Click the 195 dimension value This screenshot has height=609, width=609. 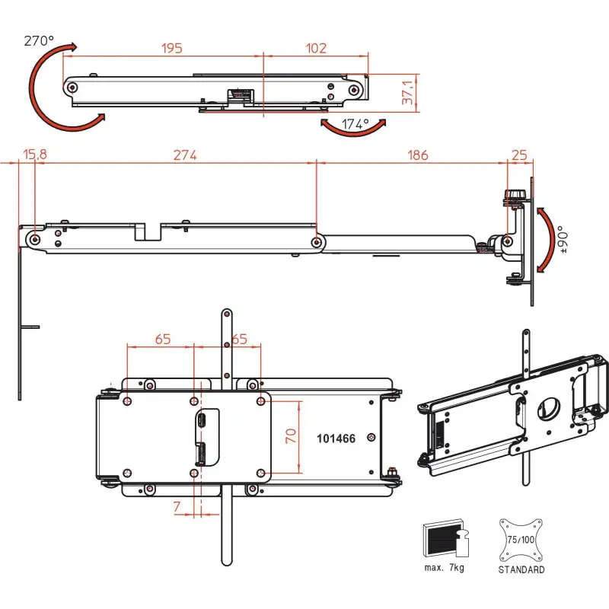point(172,49)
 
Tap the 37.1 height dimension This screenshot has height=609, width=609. point(409,92)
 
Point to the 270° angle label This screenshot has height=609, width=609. point(39,40)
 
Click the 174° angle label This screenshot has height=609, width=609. point(355,123)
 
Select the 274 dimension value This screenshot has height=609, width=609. point(185,155)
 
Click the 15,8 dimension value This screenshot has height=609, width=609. point(34,155)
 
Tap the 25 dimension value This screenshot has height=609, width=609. point(520,155)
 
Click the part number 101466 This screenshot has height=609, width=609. point(336,439)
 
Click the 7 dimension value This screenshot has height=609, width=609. point(177,505)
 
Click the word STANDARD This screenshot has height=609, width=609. point(521,569)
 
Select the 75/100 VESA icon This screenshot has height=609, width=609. point(521,538)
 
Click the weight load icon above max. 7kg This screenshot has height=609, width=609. point(446,540)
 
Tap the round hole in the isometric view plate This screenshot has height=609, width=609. point(546,408)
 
